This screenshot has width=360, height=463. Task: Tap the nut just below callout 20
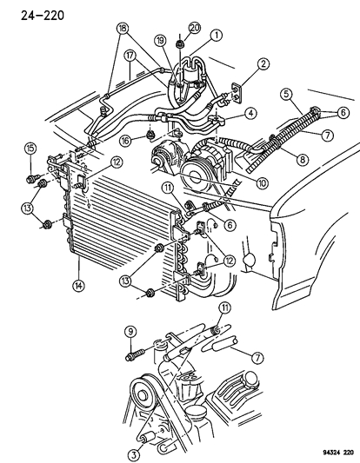(x=177, y=43)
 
